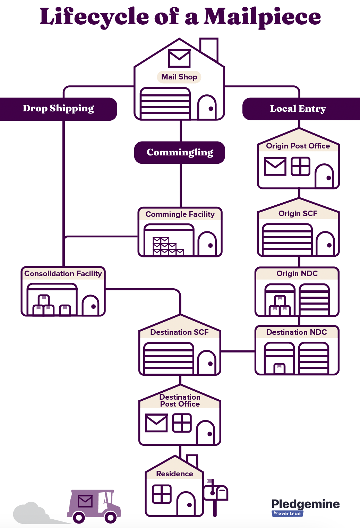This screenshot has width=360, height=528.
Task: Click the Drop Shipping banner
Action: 58,109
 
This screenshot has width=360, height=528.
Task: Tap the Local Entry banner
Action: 298,109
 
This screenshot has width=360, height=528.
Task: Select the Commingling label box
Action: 180,152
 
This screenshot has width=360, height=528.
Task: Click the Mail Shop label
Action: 179,77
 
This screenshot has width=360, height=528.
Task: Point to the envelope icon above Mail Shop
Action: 179,58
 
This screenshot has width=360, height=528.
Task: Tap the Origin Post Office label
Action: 298,146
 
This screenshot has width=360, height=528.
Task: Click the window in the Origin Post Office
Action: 300,167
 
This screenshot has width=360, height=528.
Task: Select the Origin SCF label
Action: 298,214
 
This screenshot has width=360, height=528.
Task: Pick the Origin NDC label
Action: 297,274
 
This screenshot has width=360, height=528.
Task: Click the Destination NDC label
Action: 297,332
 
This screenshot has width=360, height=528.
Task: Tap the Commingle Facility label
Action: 180,214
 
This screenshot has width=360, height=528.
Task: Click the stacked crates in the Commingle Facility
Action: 168,246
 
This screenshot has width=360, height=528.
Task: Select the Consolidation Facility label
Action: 63,274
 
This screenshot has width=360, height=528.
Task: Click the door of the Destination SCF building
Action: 207,363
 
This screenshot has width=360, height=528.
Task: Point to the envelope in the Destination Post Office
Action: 156,423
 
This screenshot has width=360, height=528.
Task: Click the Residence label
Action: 174,474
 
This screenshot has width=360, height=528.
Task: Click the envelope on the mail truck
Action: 85,501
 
